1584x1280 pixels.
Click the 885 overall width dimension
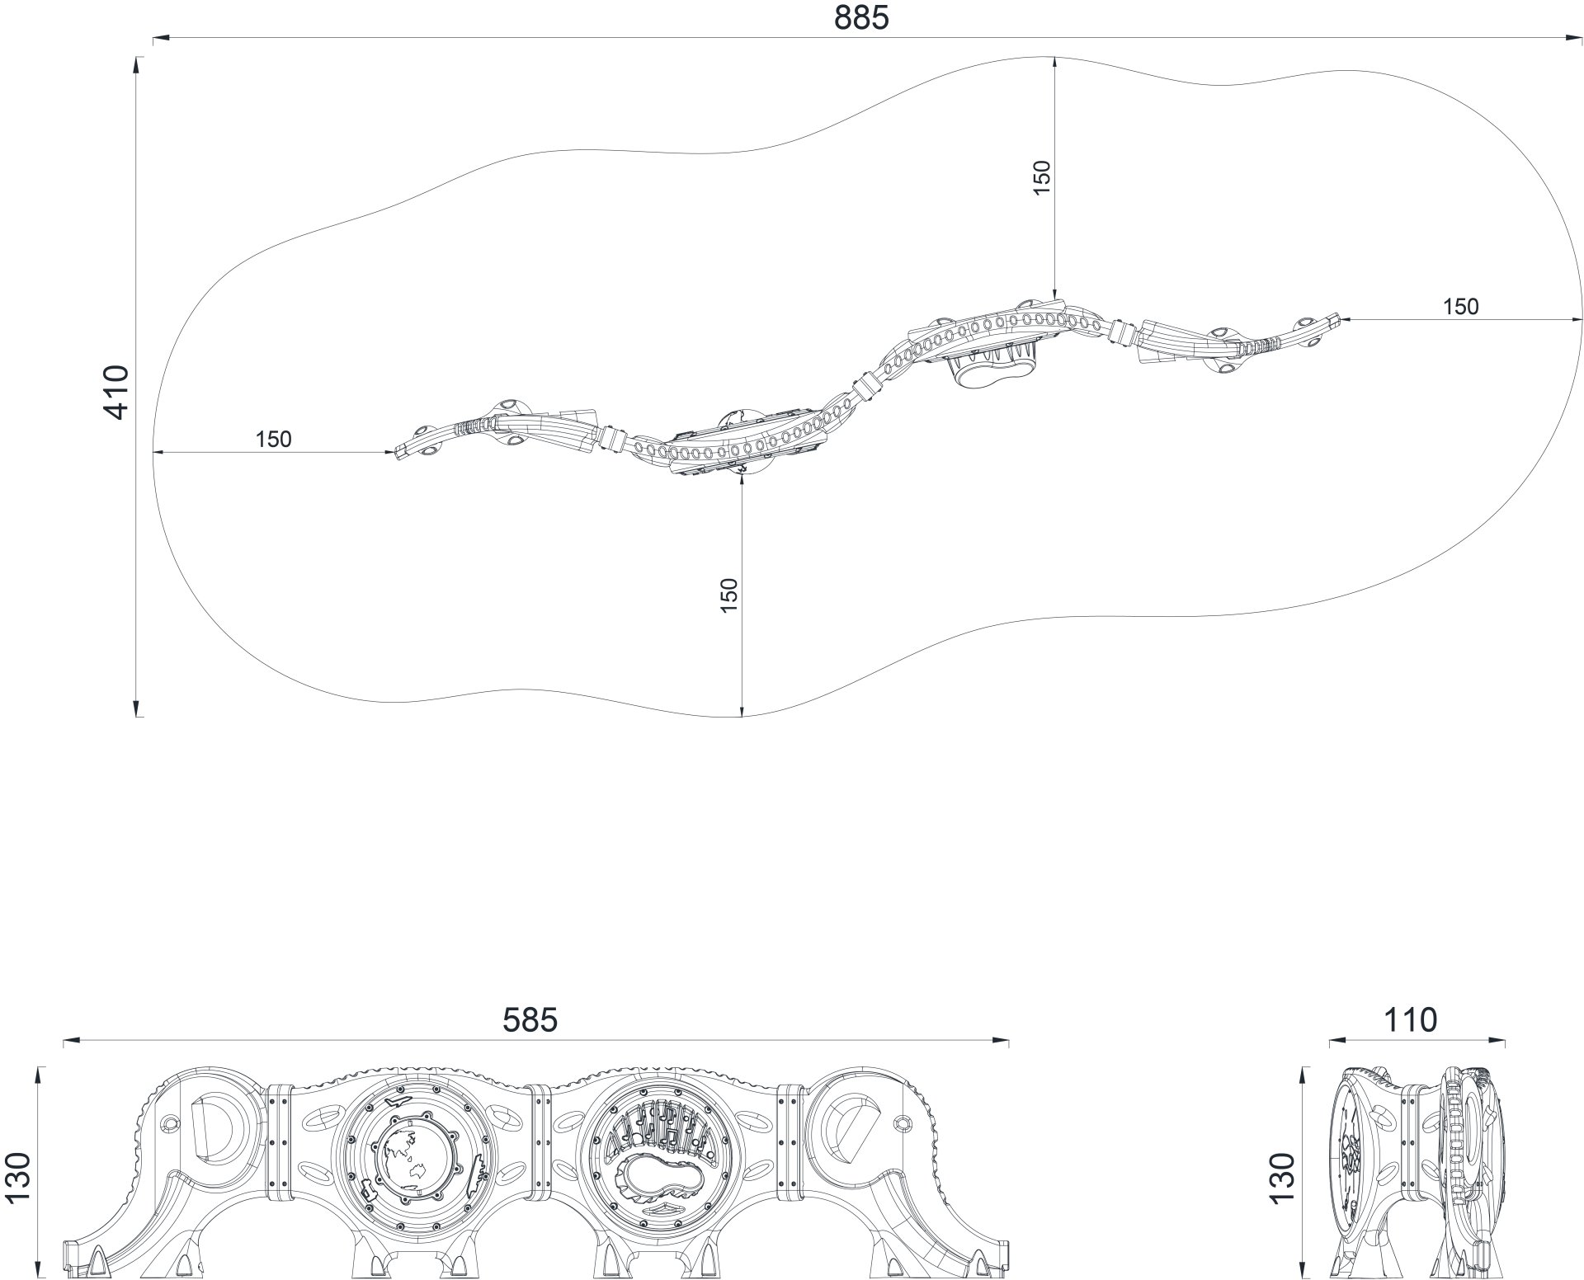point(861,18)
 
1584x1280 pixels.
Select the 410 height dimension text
point(117,392)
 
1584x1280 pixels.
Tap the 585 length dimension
point(530,1020)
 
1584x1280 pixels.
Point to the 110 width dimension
point(1409,1020)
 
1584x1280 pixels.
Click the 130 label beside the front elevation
point(18,1178)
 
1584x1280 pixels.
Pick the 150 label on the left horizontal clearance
point(273,439)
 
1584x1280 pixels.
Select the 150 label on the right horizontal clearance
point(1461,307)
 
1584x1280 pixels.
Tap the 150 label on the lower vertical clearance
point(728,595)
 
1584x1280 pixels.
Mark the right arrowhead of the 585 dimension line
point(1000,1042)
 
